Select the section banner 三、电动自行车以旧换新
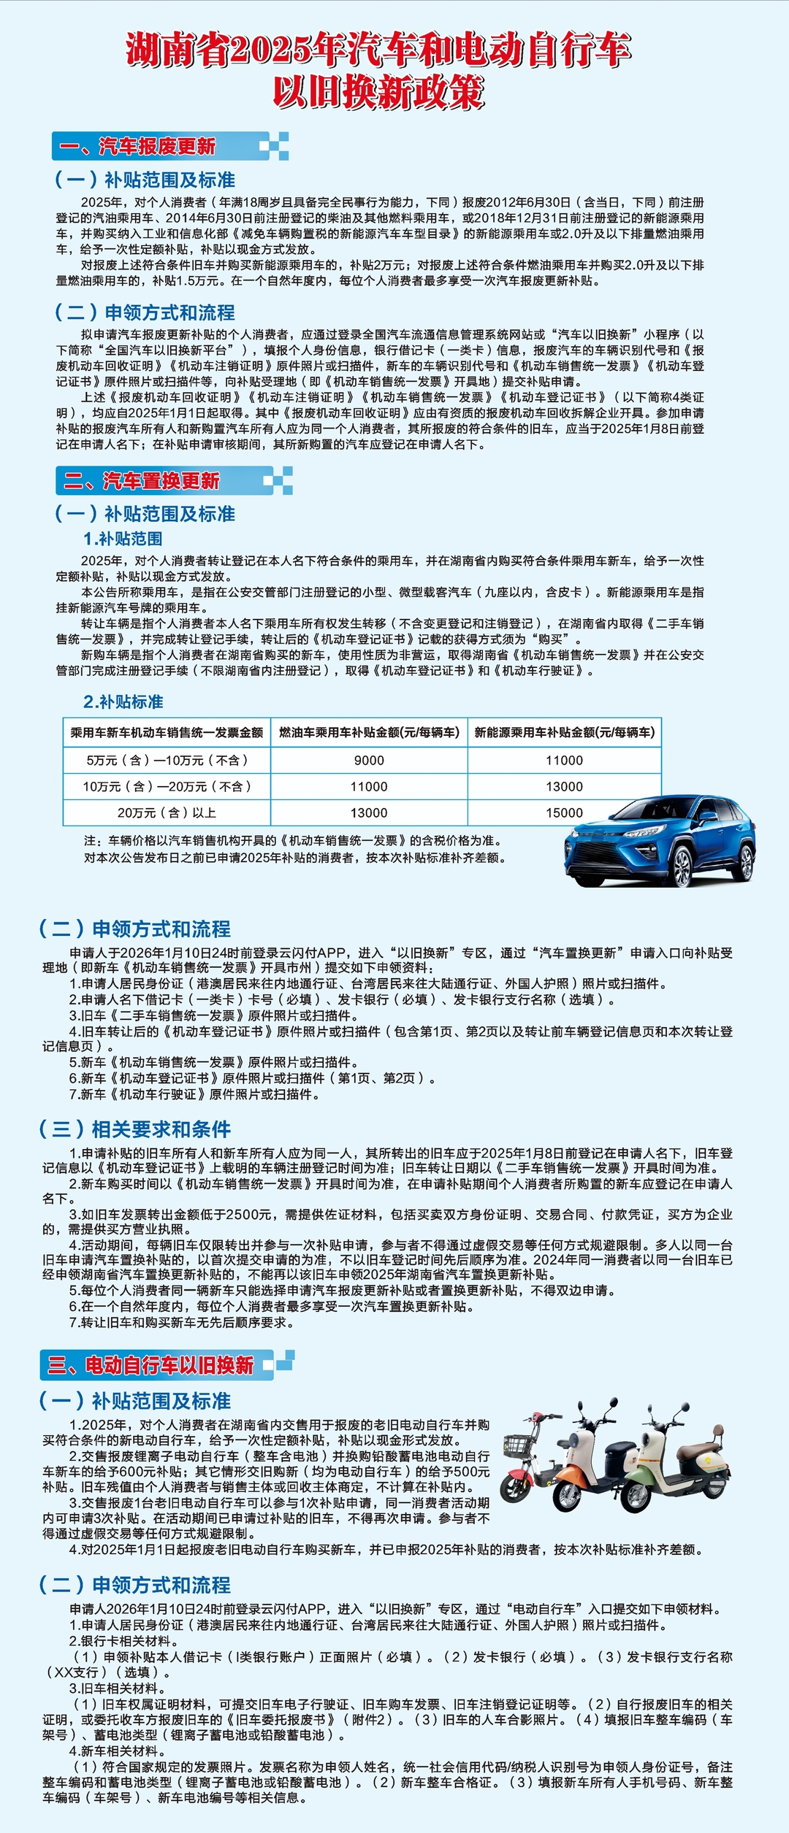[x=151, y=1365]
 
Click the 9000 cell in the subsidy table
[x=369, y=760]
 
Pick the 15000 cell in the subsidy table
[x=564, y=812]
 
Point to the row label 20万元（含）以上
[x=167, y=812]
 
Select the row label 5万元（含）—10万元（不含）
[x=167, y=760]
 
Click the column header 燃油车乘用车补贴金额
[x=369, y=732]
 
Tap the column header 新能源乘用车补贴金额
[x=564, y=732]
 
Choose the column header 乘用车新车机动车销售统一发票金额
[x=167, y=732]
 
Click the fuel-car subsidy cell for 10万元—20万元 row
[x=369, y=786]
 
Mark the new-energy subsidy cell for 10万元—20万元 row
[x=564, y=786]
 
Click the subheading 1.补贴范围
[x=123, y=539]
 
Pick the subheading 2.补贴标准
[x=123, y=702]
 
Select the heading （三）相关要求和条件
[x=135, y=1129]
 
